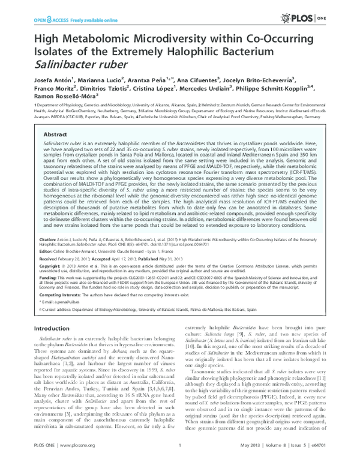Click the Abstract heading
pos(56,135)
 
